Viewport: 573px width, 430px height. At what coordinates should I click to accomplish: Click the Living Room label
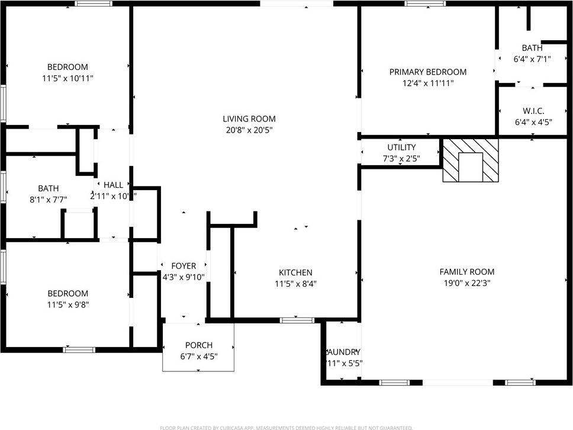click(249, 118)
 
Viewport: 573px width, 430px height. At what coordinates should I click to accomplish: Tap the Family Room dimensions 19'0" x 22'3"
click(466, 283)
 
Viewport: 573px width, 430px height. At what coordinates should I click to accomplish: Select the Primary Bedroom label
click(427, 72)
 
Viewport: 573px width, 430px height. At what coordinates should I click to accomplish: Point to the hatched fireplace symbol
click(471, 161)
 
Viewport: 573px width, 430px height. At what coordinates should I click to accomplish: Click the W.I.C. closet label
click(533, 111)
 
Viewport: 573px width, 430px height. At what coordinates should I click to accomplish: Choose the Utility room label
click(401, 147)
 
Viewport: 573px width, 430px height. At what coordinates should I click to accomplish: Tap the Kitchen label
click(295, 272)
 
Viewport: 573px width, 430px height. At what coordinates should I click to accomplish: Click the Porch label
click(198, 345)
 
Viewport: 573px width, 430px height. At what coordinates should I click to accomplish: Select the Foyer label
click(183, 266)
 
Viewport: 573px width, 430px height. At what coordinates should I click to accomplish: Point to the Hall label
click(113, 185)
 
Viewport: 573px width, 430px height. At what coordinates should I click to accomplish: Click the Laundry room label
click(343, 352)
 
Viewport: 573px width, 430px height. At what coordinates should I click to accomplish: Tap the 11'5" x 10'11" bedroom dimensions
click(67, 78)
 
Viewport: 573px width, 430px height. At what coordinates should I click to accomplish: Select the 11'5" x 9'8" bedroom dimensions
click(67, 304)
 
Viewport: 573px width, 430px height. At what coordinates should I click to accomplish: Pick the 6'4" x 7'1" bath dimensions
click(532, 59)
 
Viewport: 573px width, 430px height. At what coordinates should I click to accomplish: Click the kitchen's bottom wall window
click(297, 320)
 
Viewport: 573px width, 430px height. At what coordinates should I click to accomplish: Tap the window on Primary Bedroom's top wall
click(425, 4)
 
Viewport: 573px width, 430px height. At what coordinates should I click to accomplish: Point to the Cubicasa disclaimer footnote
click(286, 427)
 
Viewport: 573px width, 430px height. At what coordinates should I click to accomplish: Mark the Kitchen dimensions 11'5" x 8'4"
click(295, 283)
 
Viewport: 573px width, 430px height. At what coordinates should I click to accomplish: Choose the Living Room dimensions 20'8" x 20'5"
click(249, 130)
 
